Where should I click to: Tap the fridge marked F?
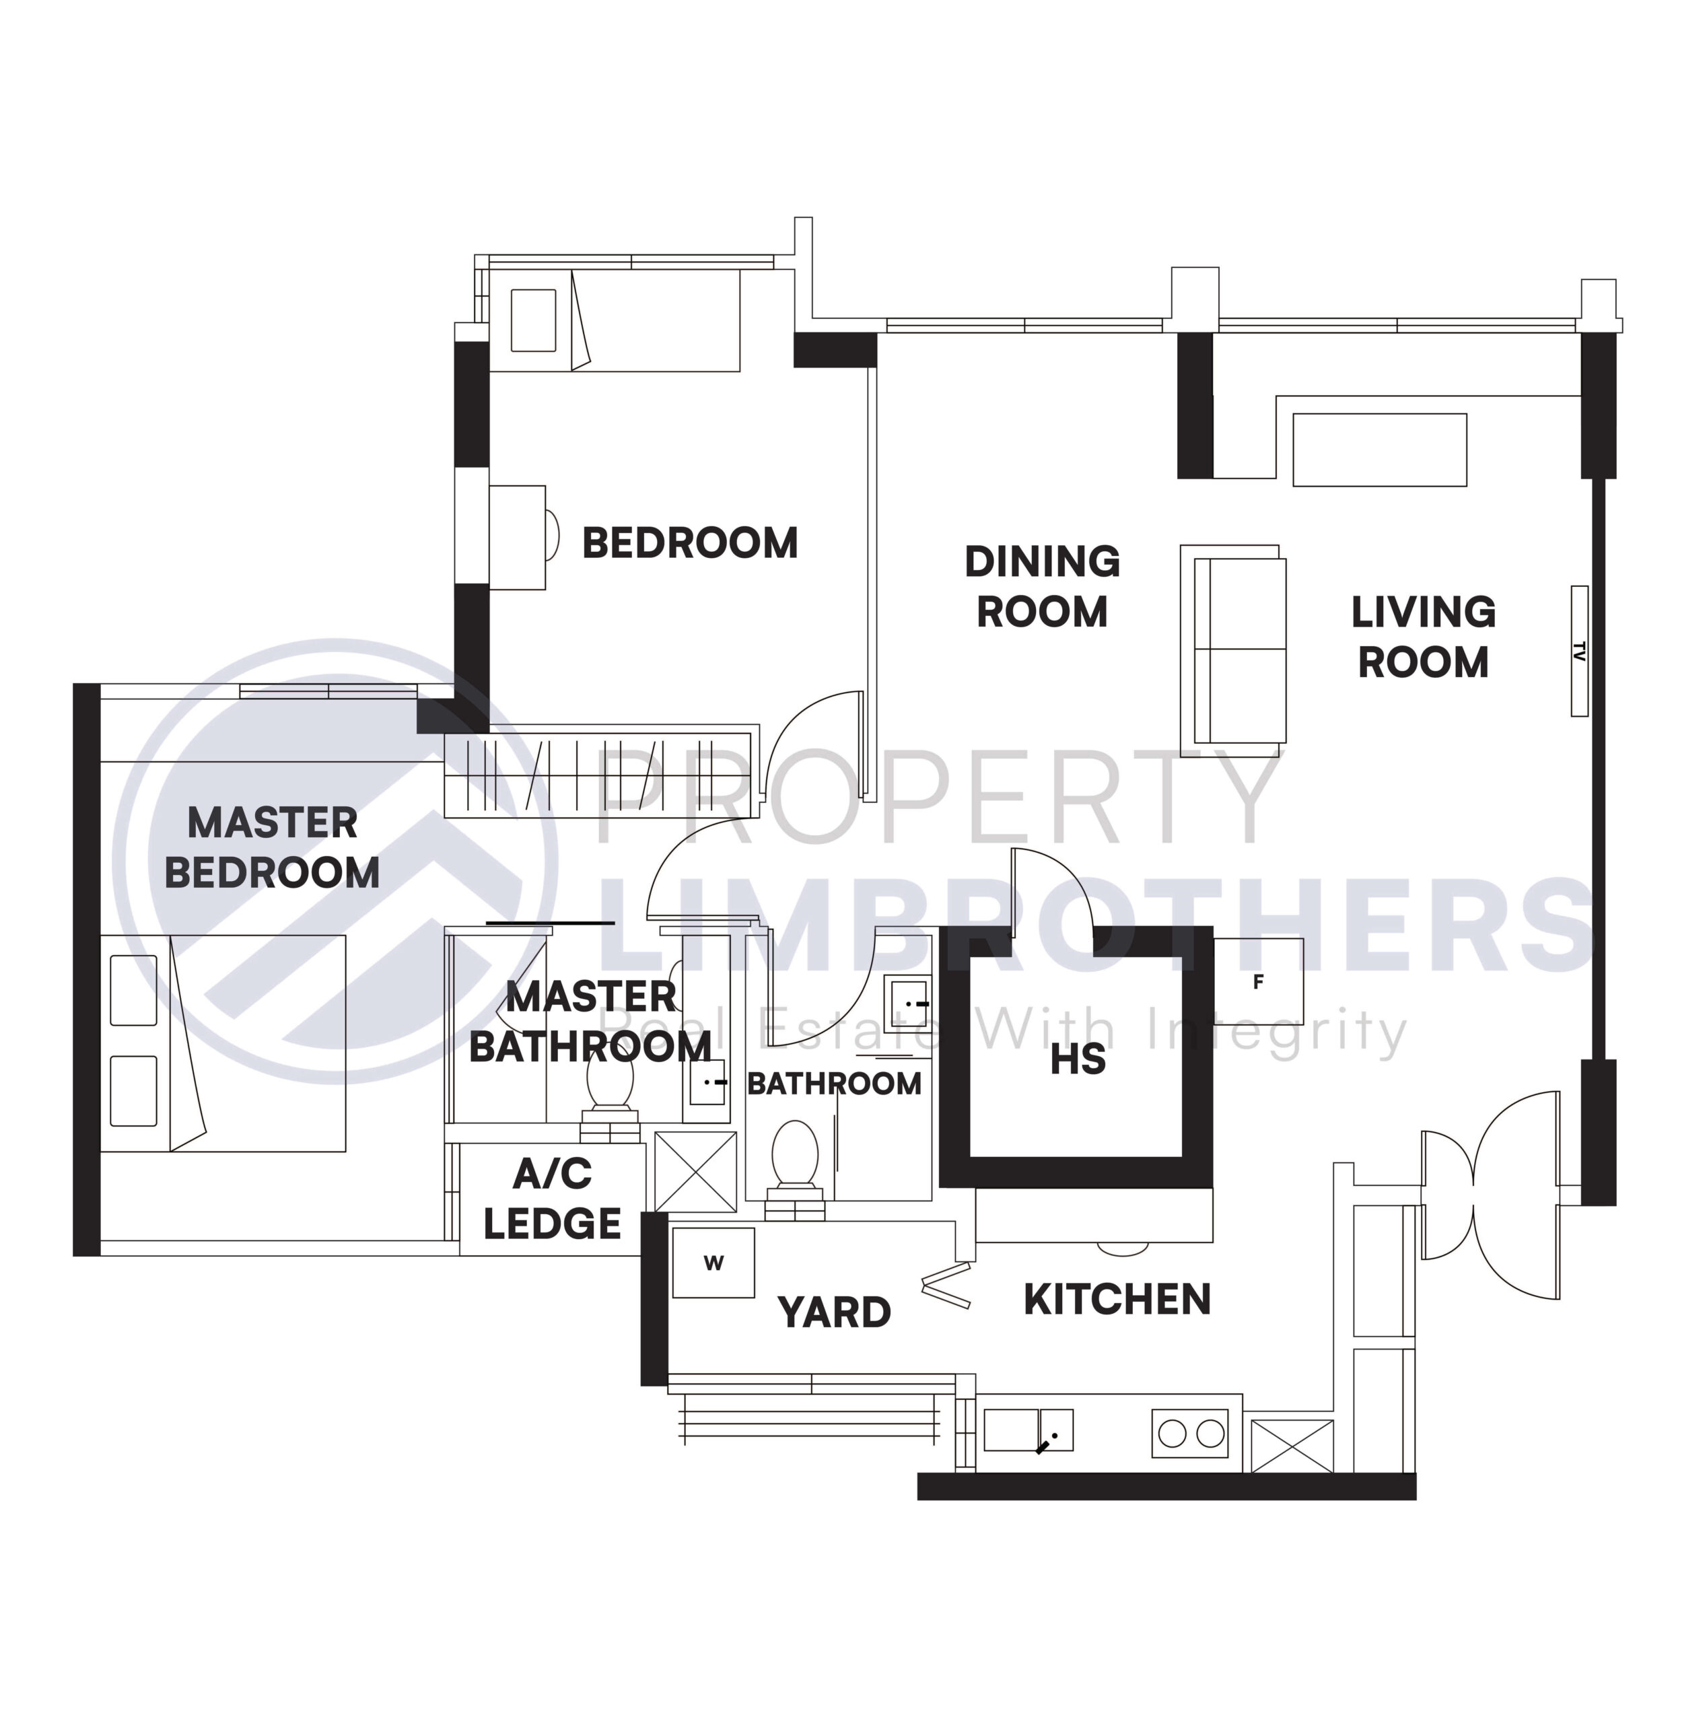[1257, 981]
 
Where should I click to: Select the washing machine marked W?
[713, 1263]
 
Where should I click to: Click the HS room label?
[1078, 1059]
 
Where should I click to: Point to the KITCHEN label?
[1117, 1300]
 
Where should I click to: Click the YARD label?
[834, 1312]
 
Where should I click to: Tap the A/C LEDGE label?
[552, 1199]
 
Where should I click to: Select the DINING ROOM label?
[1042, 587]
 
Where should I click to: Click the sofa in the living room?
[1233, 651]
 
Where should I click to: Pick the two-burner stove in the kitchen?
[1190, 1433]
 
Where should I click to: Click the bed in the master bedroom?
[223, 1043]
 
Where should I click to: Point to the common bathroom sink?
[907, 1004]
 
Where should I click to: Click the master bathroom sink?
[707, 1082]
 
